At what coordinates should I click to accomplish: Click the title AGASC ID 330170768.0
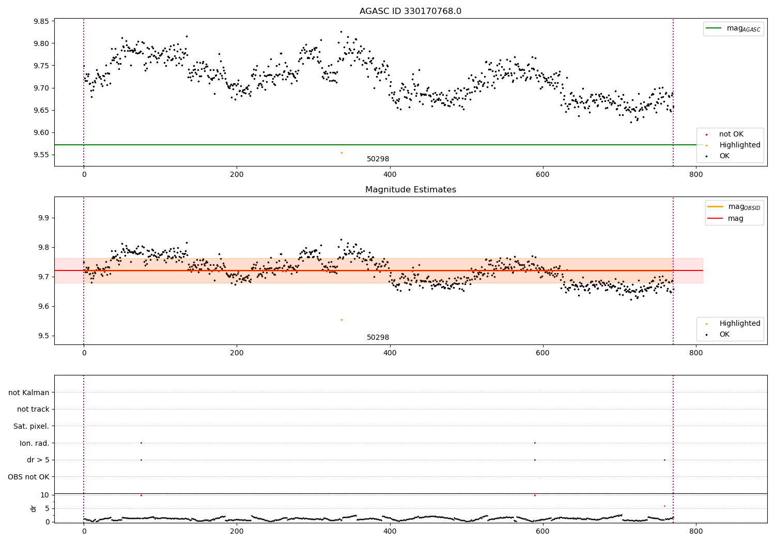click(x=410, y=11)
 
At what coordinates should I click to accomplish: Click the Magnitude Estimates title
click(x=410, y=190)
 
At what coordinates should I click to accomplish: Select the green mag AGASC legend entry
click(x=733, y=28)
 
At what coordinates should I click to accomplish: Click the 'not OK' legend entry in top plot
click(x=731, y=134)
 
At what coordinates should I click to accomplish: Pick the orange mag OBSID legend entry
click(x=734, y=207)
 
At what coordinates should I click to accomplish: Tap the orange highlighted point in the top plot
click(x=342, y=153)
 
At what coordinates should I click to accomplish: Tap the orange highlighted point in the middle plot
click(x=342, y=320)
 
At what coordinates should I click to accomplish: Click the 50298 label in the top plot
click(x=378, y=159)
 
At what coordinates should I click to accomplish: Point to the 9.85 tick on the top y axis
click(x=41, y=21)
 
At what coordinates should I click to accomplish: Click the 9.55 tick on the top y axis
click(x=41, y=155)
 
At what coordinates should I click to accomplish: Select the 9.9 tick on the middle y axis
click(x=44, y=218)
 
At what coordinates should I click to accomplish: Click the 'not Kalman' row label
click(x=29, y=393)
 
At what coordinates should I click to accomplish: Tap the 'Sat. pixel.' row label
click(x=31, y=426)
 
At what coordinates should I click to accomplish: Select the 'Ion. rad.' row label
click(x=34, y=443)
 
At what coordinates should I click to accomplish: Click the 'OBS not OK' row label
click(x=28, y=477)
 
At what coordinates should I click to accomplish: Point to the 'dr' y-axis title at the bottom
click(x=34, y=508)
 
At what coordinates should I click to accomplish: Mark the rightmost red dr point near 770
click(x=664, y=506)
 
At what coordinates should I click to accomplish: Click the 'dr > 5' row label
click(x=38, y=460)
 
